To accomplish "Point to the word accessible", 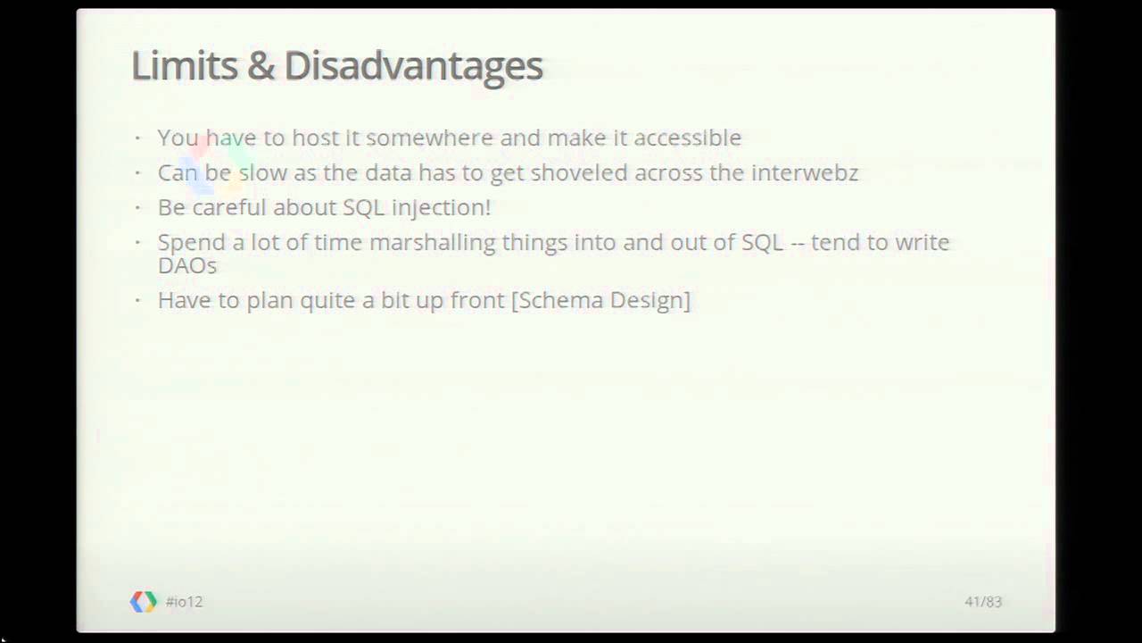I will pos(687,138).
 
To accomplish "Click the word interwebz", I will pos(804,172).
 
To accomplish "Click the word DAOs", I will pos(186,265).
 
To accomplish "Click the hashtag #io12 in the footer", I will pos(184,602).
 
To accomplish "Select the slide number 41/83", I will pos(983,602).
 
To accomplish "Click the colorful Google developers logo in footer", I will pos(143,602).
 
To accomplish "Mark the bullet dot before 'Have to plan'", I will pos(138,300).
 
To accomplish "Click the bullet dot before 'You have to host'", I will pos(138,138).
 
